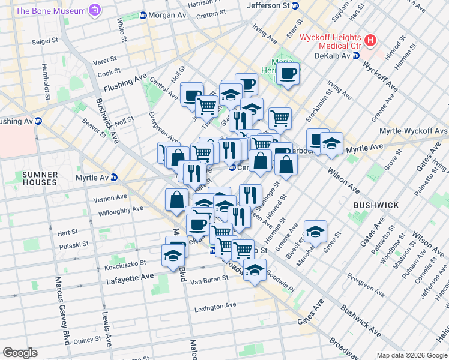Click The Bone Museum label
(x=50, y=11)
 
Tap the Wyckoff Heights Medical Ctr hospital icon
(x=371, y=41)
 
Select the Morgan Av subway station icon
(x=143, y=15)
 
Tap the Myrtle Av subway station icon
(x=113, y=178)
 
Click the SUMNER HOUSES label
(x=41, y=179)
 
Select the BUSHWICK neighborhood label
(x=376, y=205)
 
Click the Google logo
(x=20, y=352)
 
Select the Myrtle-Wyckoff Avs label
(x=414, y=131)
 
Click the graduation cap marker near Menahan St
(x=316, y=231)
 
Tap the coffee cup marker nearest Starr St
(x=288, y=73)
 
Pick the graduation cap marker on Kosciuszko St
(x=173, y=256)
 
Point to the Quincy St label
(x=88, y=340)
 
